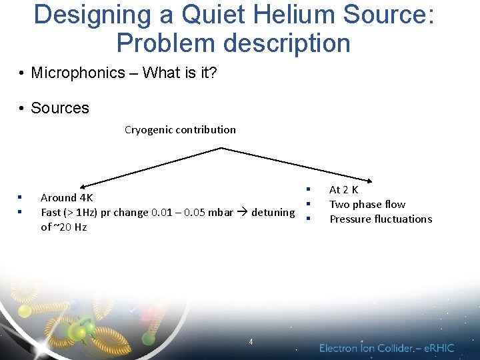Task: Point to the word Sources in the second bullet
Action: coord(60,108)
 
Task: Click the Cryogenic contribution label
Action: coord(180,129)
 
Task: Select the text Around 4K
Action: coord(67,197)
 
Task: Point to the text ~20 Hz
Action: coord(70,227)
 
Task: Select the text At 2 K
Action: coord(344,190)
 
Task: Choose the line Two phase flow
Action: coord(367,205)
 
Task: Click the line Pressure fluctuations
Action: coord(381,219)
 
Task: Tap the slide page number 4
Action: coord(251,341)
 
